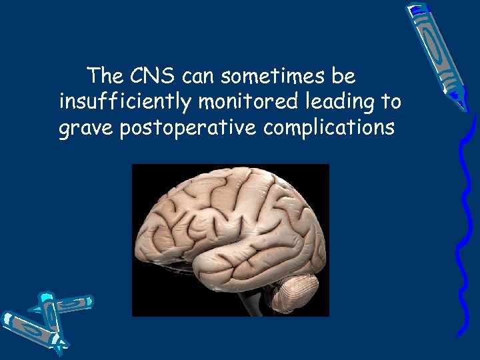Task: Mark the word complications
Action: (329, 128)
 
